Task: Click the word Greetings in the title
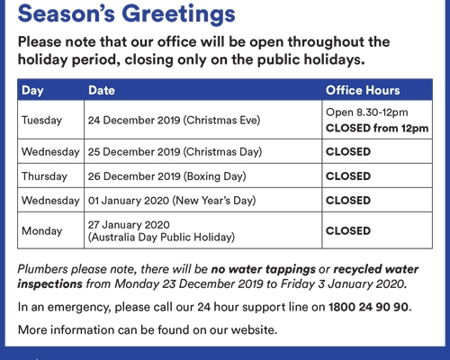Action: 178,14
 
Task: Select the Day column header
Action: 32,91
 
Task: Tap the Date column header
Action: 102,90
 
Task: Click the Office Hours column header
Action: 363,90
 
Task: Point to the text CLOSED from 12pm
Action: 377,128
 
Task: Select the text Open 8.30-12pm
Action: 367,112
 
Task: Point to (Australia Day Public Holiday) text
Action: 161,238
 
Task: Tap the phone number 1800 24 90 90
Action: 368,307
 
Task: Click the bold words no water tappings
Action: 264,269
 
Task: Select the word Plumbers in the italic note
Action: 42,269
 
